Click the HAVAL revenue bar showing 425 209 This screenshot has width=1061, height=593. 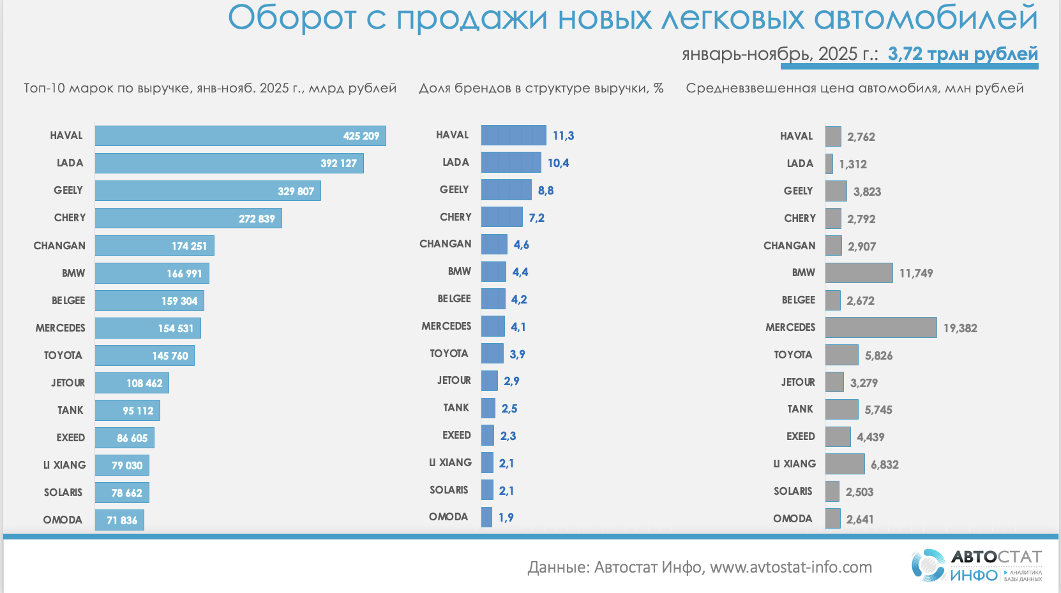(240, 136)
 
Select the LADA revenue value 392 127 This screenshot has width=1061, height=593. (338, 163)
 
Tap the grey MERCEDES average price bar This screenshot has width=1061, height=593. (881, 328)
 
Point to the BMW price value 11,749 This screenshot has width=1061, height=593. (916, 274)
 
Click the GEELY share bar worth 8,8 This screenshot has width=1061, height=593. (506, 190)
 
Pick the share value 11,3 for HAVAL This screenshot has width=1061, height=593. (563, 136)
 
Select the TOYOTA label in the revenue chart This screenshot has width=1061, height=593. (63, 356)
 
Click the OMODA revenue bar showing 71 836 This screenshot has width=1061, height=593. (119, 520)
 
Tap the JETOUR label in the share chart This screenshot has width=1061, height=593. (454, 381)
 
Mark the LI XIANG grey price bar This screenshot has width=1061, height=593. (845, 464)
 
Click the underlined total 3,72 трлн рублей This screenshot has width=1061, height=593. (963, 54)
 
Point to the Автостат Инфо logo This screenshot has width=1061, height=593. (977, 566)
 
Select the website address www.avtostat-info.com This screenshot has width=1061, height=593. (791, 567)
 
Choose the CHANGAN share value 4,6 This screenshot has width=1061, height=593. (522, 245)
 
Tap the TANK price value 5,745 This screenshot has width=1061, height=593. (878, 410)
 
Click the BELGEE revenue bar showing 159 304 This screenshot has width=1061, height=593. (149, 301)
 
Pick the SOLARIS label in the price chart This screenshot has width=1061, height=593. (793, 492)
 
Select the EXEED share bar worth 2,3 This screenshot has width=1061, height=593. (488, 436)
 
